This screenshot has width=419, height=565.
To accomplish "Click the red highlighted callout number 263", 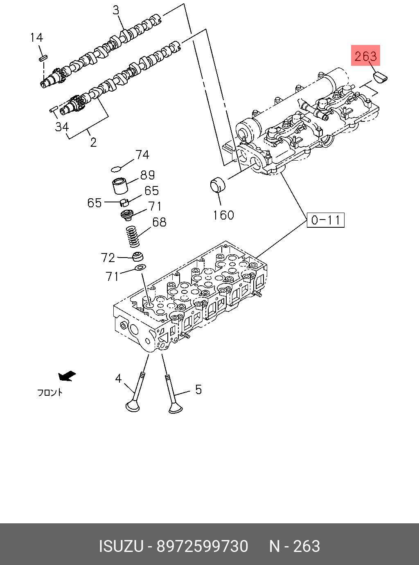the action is [x=365, y=56].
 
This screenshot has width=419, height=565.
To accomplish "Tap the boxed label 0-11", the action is [x=325, y=220].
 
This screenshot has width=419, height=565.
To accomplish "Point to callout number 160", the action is [x=223, y=215].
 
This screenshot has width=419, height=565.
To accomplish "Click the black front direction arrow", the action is [x=67, y=376].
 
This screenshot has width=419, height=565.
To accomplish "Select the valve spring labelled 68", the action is [x=133, y=237].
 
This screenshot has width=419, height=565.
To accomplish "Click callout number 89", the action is [x=147, y=175].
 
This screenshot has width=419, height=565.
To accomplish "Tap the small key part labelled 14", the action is [x=44, y=58].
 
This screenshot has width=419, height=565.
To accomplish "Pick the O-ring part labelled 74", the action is [x=116, y=169].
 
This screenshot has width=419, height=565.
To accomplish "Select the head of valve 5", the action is [x=176, y=407].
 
